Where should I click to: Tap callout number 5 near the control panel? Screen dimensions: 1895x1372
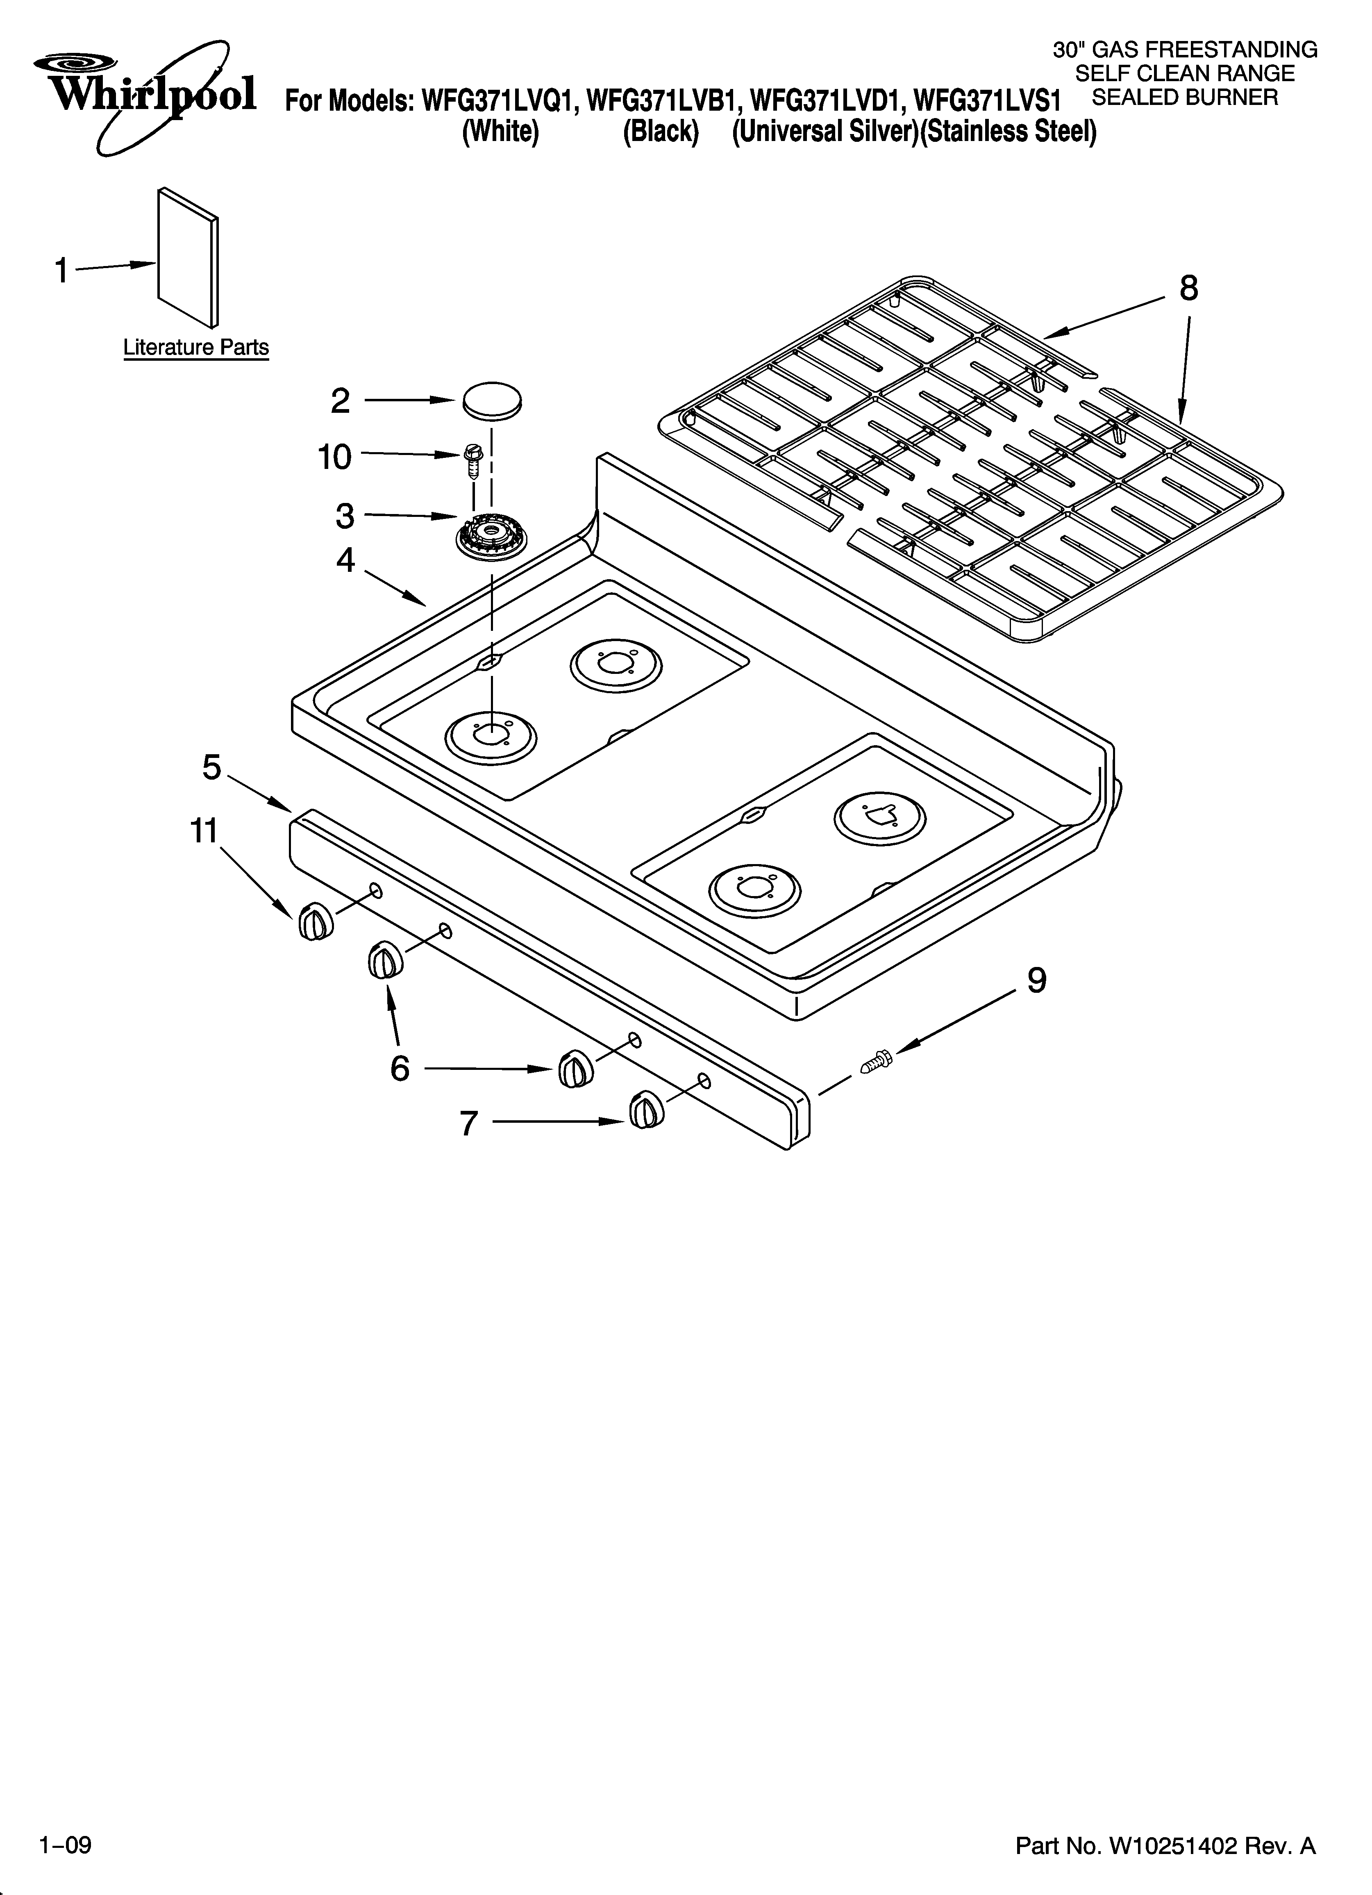[212, 767]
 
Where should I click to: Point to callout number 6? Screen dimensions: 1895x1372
[400, 1068]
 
